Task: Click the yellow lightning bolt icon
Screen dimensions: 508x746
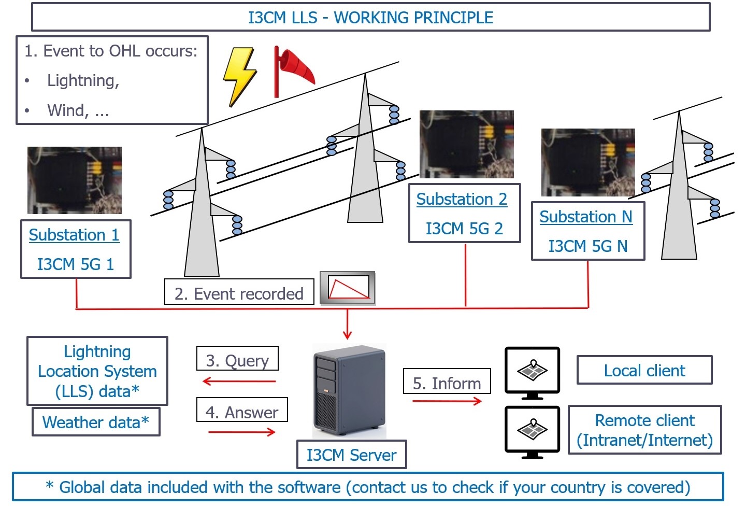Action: click(x=239, y=76)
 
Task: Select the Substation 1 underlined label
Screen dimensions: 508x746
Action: click(x=74, y=235)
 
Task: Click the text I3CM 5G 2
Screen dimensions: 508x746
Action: click(x=464, y=229)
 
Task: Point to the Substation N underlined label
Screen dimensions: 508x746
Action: click(x=586, y=217)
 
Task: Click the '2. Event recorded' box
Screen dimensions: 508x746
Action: click(x=239, y=293)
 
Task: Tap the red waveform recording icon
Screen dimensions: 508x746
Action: click(x=348, y=288)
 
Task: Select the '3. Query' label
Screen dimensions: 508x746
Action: click(x=237, y=360)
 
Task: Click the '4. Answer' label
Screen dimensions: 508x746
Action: click(x=241, y=412)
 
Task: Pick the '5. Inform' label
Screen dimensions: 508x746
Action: click(x=447, y=383)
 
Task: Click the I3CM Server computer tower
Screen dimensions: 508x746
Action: click(x=349, y=392)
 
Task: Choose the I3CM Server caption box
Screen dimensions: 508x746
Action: click(x=351, y=455)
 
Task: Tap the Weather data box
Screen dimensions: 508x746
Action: click(x=96, y=422)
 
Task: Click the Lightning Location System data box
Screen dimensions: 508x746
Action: click(x=97, y=371)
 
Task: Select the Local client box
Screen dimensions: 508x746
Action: click(x=644, y=370)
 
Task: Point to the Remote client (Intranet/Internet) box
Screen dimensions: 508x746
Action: click(x=644, y=430)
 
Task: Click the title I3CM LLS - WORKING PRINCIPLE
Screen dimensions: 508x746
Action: click(x=370, y=18)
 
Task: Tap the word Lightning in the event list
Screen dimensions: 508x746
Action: click(x=83, y=80)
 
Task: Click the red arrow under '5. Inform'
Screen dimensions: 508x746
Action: click(x=447, y=401)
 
